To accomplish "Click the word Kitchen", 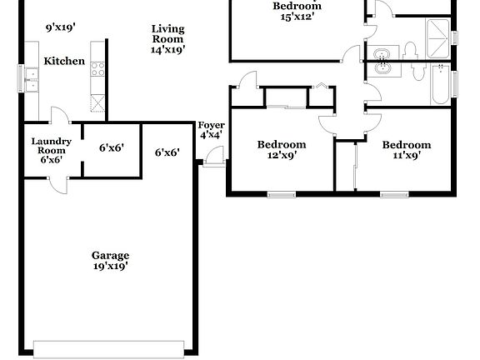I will (64, 62).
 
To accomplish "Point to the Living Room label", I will (167, 34).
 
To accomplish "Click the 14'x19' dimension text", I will (167, 50).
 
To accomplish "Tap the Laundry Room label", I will (52, 146).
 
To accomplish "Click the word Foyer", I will (211, 125).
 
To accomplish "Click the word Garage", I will (110, 256).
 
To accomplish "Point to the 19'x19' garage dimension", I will (110, 267).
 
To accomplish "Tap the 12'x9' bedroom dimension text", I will (281, 154).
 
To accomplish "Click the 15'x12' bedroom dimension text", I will (297, 16).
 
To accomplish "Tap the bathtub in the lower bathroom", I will (440, 87).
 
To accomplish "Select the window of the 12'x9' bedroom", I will (281, 194).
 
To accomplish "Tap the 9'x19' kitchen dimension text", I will (61, 27).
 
